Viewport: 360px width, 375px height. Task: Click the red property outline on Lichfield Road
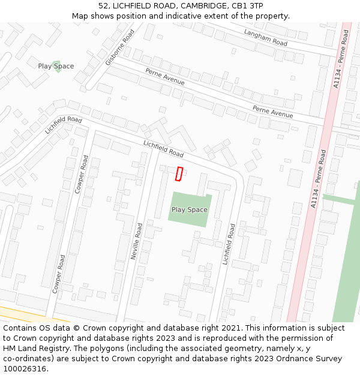(179, 173)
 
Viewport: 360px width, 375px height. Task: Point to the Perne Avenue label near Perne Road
(272, 111)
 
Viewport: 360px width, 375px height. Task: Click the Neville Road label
(136, 241)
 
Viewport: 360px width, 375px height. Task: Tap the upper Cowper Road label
(81, 174)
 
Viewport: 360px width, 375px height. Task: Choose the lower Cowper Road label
(59, 273)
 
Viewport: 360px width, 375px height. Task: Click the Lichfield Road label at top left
(64, 124)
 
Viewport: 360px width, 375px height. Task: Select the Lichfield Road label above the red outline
(163, 149)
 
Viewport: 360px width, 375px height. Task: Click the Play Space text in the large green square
(190, 209)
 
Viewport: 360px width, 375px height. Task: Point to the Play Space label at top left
(56, 66)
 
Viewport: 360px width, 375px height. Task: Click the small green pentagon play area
(57, 67)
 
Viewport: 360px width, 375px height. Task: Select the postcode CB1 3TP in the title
(247, 5)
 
